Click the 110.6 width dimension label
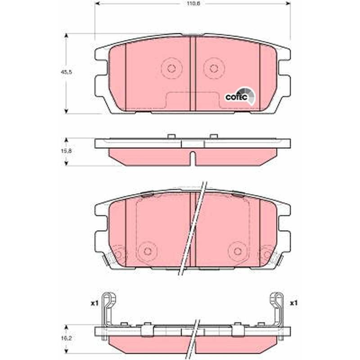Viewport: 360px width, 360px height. [x=193, y=4]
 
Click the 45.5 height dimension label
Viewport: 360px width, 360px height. [x=66, y=72]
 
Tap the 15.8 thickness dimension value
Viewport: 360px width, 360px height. [x=66, y=151]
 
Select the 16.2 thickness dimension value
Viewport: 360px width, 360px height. [x=66, y=338]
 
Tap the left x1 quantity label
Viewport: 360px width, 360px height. [x=94, y=303]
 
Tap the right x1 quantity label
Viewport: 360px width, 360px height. [x=294, y=303]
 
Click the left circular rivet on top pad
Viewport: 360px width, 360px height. [x=171, y=68]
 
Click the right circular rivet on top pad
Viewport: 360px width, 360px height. [x=214, y=68]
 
